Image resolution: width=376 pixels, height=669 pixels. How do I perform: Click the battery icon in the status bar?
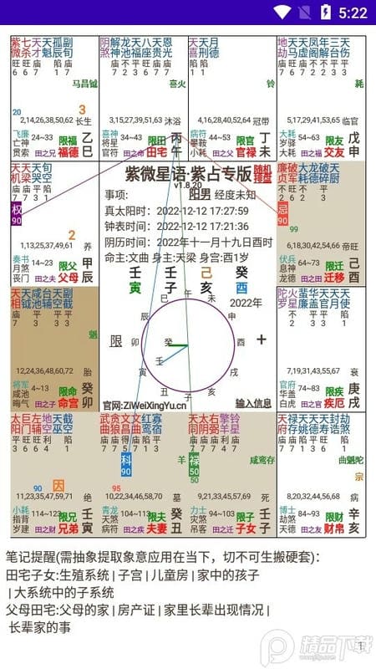pos(325,13)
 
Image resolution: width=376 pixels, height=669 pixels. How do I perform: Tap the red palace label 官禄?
pos(246,152)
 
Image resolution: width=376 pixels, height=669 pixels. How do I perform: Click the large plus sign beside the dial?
pos(262,340)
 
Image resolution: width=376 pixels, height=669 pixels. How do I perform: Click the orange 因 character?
pos(58,485)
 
